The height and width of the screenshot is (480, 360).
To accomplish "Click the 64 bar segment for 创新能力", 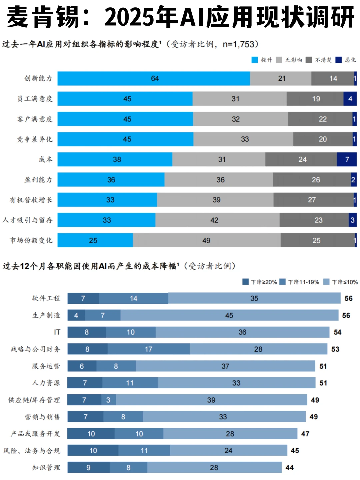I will point(154,79).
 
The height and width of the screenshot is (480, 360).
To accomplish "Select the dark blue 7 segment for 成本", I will point(347,159).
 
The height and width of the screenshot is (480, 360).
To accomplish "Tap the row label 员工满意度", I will point(35,99).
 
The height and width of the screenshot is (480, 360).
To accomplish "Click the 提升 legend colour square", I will point(255,60).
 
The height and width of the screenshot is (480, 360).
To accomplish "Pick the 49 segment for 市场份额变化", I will point(206,240).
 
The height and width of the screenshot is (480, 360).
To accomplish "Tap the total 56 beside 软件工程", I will point(348,298).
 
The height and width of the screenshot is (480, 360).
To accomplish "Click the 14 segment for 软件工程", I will point(134,298).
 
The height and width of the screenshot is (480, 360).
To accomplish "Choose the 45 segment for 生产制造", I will point(229,315).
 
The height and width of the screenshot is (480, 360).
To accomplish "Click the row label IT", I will point(57,332).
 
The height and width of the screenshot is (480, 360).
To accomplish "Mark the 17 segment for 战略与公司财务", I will point(149,349).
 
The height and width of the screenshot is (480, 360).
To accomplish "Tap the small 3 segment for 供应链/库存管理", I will point(109,400).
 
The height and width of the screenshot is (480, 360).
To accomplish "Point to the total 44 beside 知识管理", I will point(289,468).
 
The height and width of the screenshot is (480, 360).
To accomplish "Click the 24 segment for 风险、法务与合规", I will point(228,451).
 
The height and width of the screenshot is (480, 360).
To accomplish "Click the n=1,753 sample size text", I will point(239,44).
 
